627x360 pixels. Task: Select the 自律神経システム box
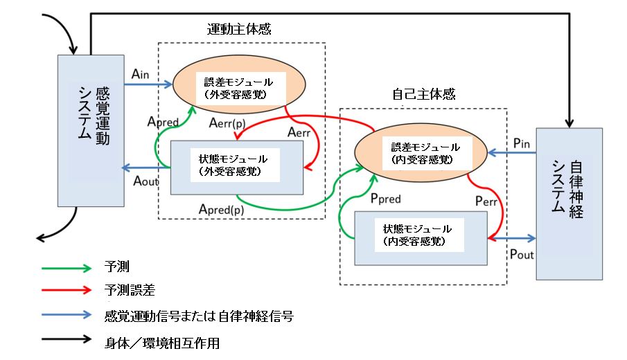[569, 204]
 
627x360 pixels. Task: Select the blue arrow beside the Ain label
[148, 85]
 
